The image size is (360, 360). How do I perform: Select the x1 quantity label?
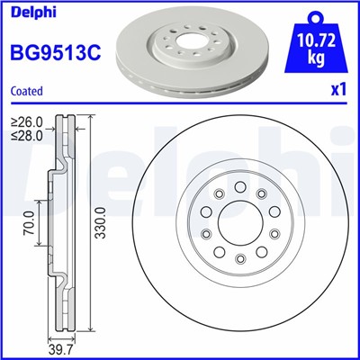[x=339, y=91]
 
